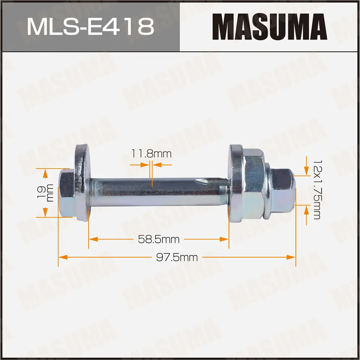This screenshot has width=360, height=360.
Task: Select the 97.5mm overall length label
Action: click(x=177, y=257)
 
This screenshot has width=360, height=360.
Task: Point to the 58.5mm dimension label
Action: click(x=159, y=239)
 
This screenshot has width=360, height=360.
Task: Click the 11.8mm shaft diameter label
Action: click(x=151, y=154)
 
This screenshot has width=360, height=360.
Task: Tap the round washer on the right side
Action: click(x=236, y=184)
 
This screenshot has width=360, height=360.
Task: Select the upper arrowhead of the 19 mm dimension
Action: click(x=45, y=174)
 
